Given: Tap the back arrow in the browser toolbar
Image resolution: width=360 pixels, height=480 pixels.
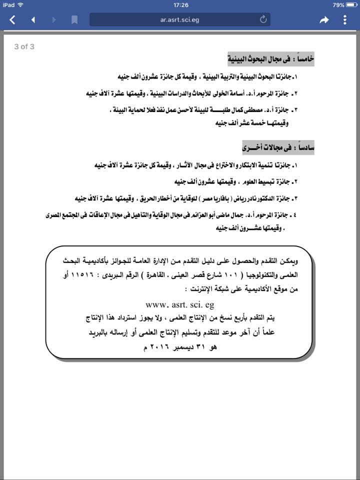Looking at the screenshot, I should click(12, 20).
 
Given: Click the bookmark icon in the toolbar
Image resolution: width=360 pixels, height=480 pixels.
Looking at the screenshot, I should click(74, 20).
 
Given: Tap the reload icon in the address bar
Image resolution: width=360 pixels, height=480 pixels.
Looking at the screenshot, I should click(263, 19).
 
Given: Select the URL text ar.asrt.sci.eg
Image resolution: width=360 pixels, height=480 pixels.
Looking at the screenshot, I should click(179, 20).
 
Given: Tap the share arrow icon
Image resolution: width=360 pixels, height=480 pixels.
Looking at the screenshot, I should click(324, 20).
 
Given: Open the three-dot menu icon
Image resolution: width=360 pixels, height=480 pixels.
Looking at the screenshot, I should click(345, 20).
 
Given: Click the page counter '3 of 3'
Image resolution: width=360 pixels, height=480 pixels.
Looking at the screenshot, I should click(24, 47).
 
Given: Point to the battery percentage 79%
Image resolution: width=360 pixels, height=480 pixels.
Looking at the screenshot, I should click(338, 4).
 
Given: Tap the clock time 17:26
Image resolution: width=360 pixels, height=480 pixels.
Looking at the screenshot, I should click(180, 4).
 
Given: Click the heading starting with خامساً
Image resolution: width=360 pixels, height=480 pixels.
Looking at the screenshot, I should click(271, 59).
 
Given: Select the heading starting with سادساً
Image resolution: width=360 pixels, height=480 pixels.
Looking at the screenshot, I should click(278, 147).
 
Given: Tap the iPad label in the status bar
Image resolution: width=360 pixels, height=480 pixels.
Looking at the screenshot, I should click(8, 4).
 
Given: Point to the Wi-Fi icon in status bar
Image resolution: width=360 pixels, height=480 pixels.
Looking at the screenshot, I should click(20, 4).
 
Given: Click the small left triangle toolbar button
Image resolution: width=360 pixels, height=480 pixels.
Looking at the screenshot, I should click(33, 20).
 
